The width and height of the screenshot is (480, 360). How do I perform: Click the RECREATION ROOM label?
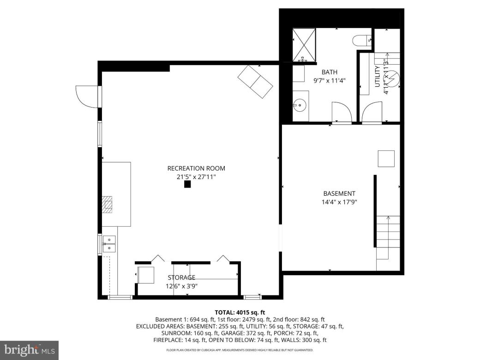(x=196, y=168)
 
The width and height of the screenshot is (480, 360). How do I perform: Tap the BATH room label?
(x=330, y=72)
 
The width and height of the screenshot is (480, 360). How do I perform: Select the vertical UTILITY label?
(x=378, y=77)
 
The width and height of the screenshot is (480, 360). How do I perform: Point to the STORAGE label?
(x=181, y=277)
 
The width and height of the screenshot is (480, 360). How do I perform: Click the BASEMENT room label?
(x=339, y=194)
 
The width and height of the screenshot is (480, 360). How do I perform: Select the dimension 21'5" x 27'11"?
(x=196, y=177)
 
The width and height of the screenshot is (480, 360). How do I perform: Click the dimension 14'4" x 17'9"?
(x=339, y=202)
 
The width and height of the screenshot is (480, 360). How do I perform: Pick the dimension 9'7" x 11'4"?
(x=330, y=80)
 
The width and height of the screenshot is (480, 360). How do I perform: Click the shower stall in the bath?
(x=305, y=45)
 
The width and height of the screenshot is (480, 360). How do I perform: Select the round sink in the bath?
(x=300, y=106)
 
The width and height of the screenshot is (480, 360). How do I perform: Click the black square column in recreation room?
(x=187, y=185)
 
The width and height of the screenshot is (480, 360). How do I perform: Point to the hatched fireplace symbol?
(x=107, y=204)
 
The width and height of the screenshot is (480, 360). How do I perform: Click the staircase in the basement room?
(x=388, y=242)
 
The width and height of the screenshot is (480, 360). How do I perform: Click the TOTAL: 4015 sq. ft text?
(x=240, y=312)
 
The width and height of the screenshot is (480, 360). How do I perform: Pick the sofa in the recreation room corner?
(x=255, y=82)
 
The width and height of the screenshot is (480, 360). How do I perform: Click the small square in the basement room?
(x=386, y=159)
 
